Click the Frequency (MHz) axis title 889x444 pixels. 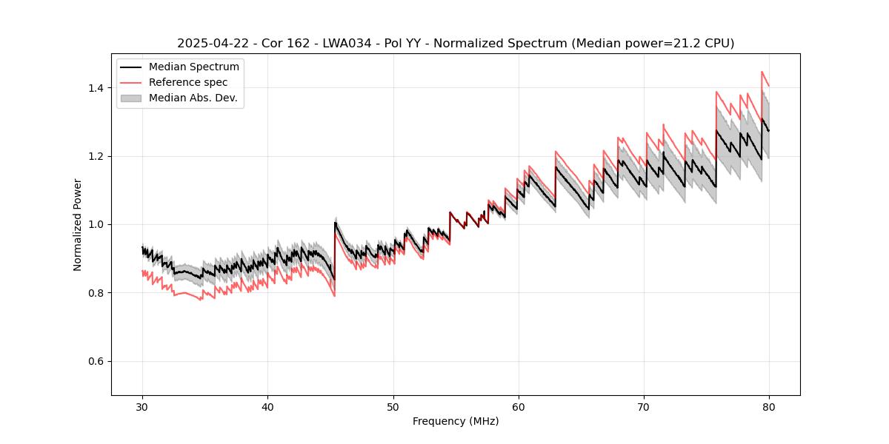[456, 421]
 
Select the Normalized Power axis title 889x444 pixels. [78, 224]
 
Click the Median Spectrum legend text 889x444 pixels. [193, 67]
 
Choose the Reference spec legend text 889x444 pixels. [188, 82]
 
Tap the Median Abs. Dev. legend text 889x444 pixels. [193, 98]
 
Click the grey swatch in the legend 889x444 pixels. [132, 98]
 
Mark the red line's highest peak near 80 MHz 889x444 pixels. [762, 72]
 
